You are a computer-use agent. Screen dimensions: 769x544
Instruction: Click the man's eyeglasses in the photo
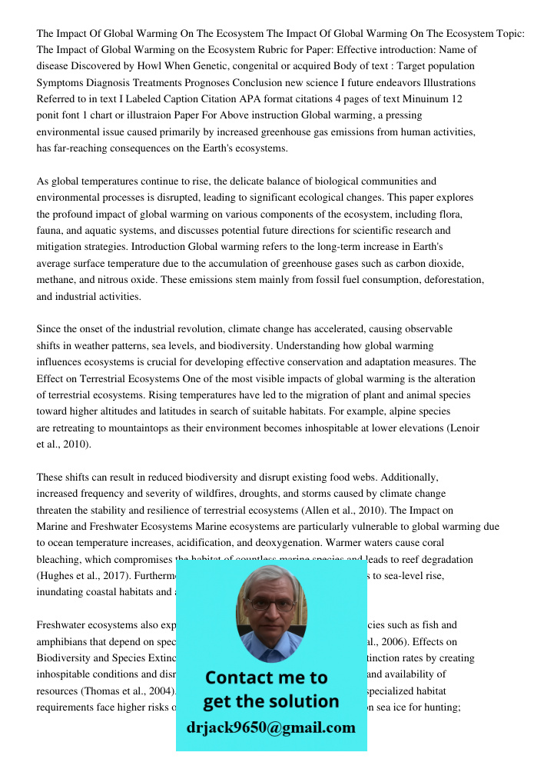point(271,604)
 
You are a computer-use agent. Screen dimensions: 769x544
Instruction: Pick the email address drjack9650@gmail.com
point(271,727)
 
